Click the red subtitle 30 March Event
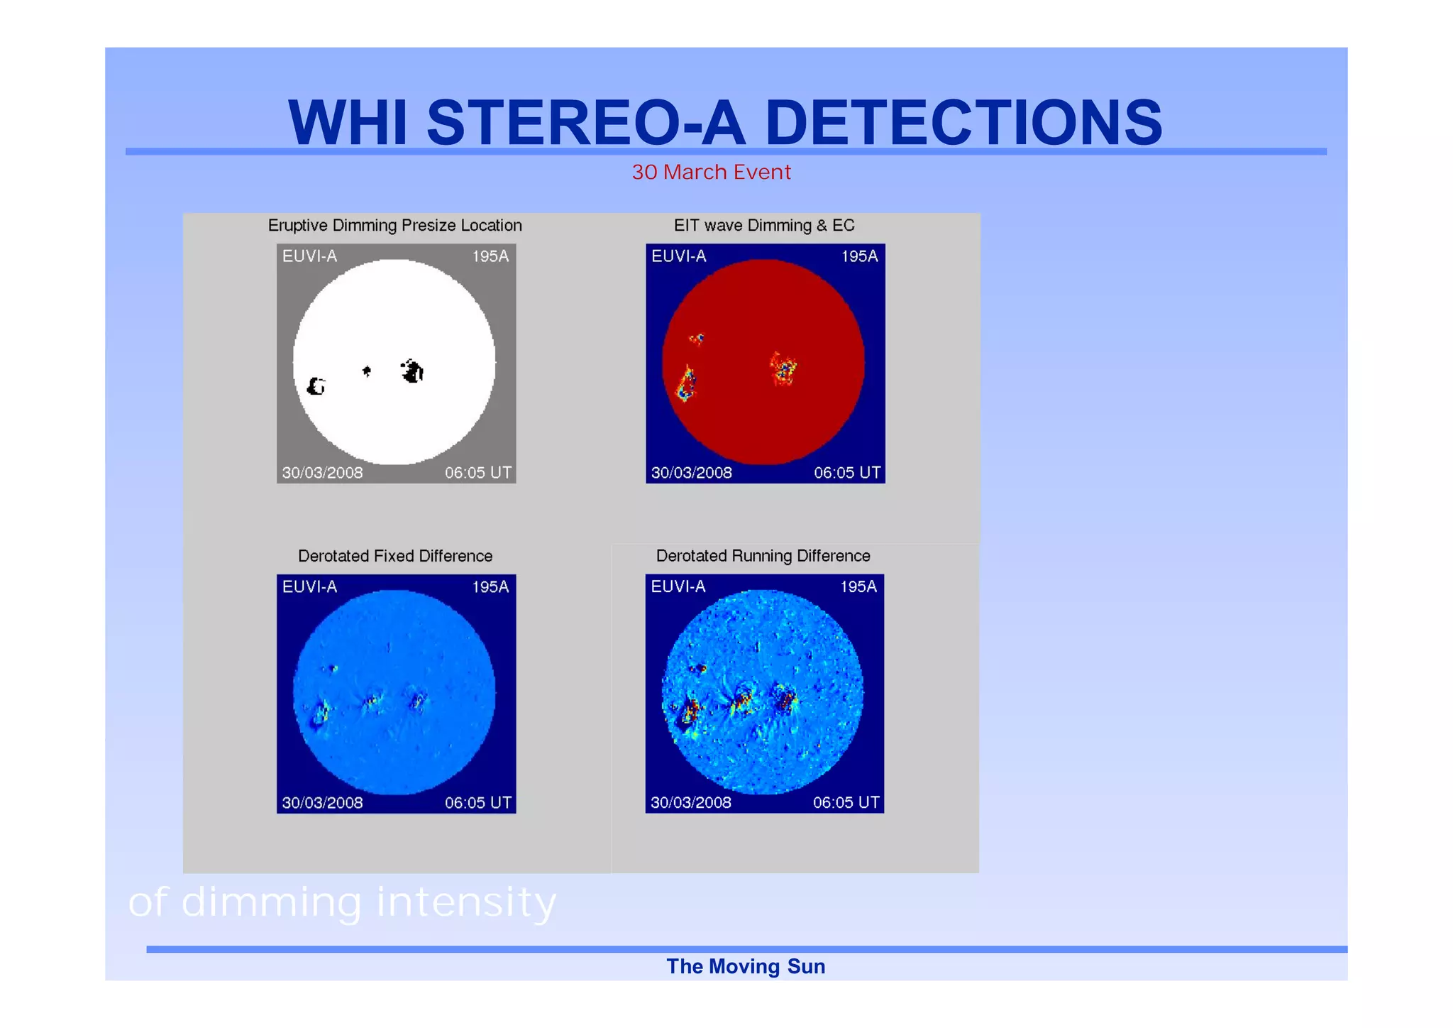[x=711, y=173]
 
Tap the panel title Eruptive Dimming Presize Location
[x=394, y=226]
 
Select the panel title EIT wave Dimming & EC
[x=763, y=226]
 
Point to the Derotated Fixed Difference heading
[x=394, y=556]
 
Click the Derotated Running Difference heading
[x=763, y=556]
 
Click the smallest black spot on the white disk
[x=367, y=371]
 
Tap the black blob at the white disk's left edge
[x=316, y=386]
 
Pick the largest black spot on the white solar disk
[x=412, y=371]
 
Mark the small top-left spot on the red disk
[x=697, y=339]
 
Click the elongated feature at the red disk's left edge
[x=686, y=384]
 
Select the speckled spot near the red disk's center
[x=783, y=368]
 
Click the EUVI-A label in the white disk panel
[x=309, y=256]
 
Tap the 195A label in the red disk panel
[x=859, y=256]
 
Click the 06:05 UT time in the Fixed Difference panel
[x=477, y=803]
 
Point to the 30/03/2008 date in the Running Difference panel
[x=690, y=803]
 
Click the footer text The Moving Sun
[x=745, y=967]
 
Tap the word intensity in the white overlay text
[x=466, y=903]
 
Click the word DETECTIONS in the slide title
[x=963, y=123]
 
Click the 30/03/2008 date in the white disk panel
[x=322, y=473]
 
